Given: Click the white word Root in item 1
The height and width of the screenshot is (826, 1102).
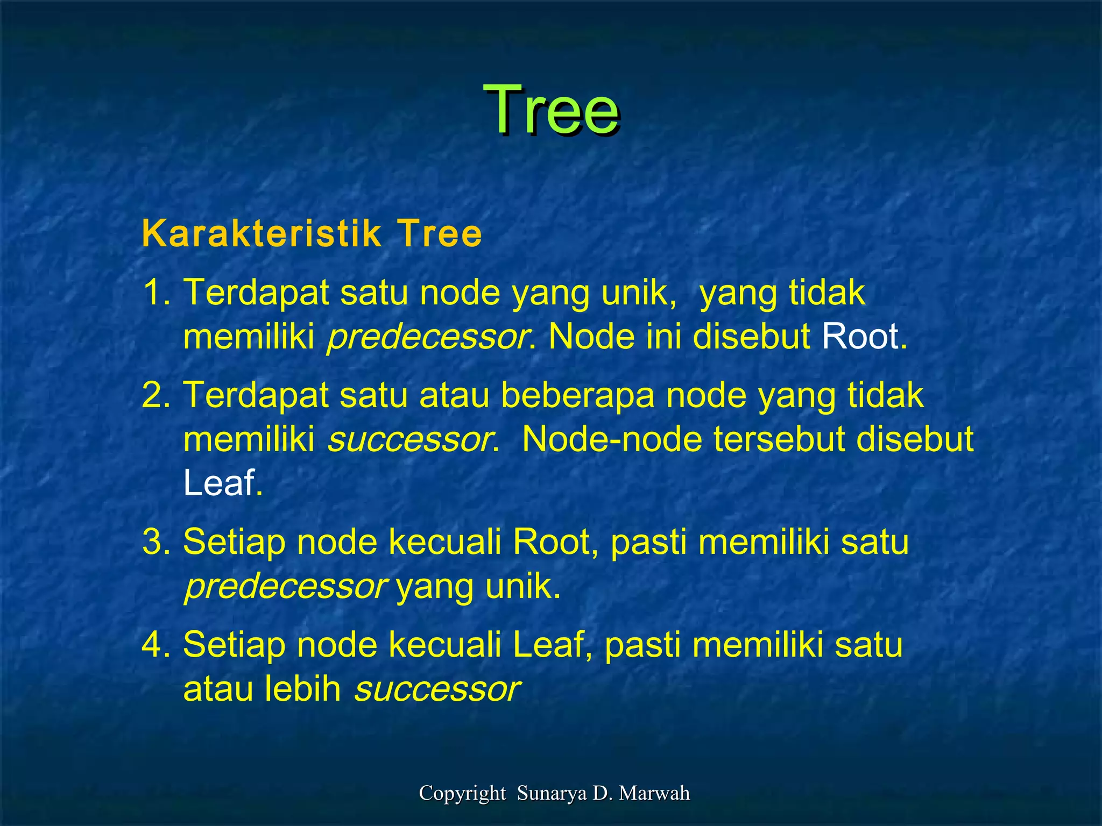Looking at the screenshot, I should (860, 337).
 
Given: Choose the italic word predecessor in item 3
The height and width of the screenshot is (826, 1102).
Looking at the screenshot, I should (285, 587).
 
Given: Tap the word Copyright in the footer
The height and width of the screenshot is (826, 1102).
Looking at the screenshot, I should (462, 793).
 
